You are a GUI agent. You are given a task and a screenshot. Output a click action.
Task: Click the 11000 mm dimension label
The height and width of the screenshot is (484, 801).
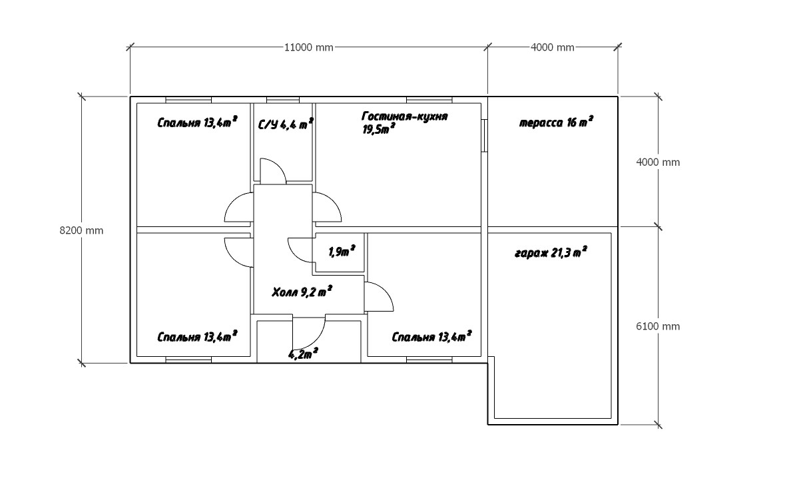(308, 47)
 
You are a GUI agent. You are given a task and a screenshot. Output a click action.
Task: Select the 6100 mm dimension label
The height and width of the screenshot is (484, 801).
(659, 326)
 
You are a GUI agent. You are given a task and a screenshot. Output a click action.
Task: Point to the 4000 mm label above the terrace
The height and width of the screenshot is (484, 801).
(553, 47)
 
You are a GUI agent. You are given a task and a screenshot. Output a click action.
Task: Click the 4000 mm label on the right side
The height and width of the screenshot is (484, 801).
(659, 162)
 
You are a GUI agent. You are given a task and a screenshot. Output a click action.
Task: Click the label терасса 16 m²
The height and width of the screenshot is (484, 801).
(556, 123)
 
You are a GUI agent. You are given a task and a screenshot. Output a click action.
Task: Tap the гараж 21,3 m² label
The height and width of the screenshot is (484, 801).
(550, 254)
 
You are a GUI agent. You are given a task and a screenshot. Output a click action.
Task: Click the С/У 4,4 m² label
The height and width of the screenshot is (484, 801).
(286, 124)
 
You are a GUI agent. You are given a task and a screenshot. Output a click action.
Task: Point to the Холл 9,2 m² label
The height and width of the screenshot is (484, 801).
(302, 292)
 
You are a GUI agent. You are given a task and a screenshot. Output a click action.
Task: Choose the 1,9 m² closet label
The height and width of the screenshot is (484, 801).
(342, 252)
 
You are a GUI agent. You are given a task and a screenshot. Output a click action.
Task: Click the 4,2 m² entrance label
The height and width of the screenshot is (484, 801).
(303, 354)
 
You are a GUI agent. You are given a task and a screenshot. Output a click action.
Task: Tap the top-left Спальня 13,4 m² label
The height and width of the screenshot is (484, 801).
(197, 122)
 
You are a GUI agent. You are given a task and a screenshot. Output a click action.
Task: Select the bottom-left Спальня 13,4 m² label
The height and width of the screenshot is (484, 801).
(197, 337)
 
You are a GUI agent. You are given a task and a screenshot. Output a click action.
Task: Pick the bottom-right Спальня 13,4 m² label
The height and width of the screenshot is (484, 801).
(431, 337)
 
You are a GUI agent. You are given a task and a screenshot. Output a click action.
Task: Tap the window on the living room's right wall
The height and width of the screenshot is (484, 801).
(485, 136)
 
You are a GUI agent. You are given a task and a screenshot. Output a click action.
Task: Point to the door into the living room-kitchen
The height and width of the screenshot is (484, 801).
(328, 206)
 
